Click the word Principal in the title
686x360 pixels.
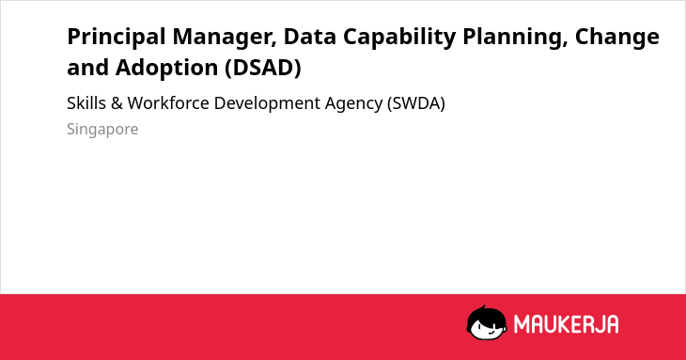(116, 38)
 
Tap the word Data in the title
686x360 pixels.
(310, 37)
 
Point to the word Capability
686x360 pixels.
(399, 38)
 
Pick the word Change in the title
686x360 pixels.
(616, 38)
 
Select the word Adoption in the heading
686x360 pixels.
(166, 69)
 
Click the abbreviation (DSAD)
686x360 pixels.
(263, 69)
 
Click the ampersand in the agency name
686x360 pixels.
(117, 103)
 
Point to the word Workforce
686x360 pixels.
(168, 103)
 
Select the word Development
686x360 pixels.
(267, 104)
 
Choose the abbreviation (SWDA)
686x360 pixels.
(416, 103)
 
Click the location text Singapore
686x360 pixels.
(102, 130)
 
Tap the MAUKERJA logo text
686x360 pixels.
(566, 324)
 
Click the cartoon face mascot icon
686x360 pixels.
(487, 322)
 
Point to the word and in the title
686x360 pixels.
(88, 69)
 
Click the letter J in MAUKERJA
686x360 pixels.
(597, 324)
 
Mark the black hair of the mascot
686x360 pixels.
(486, 313)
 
